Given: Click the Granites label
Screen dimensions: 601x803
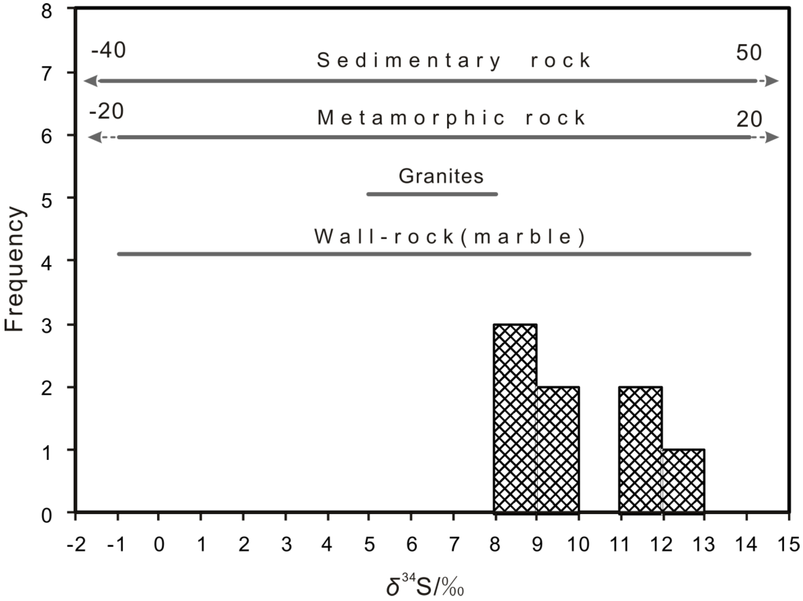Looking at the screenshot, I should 441,176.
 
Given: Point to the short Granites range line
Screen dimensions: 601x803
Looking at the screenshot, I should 432,194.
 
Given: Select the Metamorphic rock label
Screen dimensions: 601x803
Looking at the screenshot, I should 451,118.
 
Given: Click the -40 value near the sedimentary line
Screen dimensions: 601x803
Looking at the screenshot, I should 108,50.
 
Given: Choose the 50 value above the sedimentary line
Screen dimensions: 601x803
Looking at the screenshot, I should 749,53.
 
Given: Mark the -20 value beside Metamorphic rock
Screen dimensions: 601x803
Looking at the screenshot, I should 106,111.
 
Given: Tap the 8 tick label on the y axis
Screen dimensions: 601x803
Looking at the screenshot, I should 47,12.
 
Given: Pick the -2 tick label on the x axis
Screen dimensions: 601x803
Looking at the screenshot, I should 76,545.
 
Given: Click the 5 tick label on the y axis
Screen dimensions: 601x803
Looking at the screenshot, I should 47,198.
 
